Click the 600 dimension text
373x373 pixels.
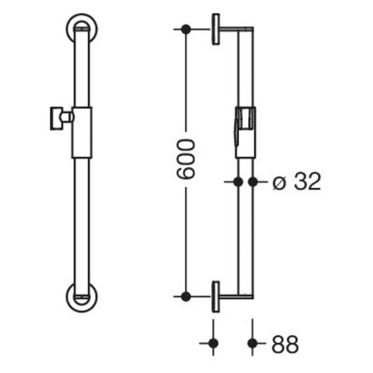(x=186, y=159)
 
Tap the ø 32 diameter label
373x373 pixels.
(x=296, y=182)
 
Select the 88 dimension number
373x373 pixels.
(x=284, y=344)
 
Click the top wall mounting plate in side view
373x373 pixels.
(x=216, y=29)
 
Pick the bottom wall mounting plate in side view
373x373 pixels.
(x=216, y=296)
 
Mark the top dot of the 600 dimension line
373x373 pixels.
(x=185, y=29)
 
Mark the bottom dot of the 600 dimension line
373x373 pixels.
(x=185, y=296)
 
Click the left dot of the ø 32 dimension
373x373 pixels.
(x=238, y=182)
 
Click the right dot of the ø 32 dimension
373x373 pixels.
(x=253, y=182)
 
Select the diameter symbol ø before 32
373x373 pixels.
(x=278, y=183)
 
